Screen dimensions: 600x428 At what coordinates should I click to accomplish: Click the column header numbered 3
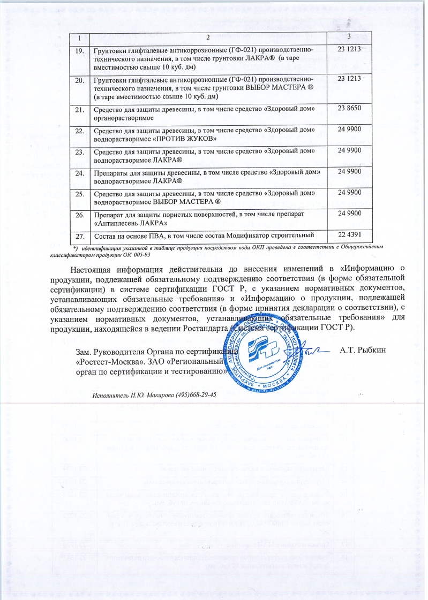(x=349, y=36)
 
